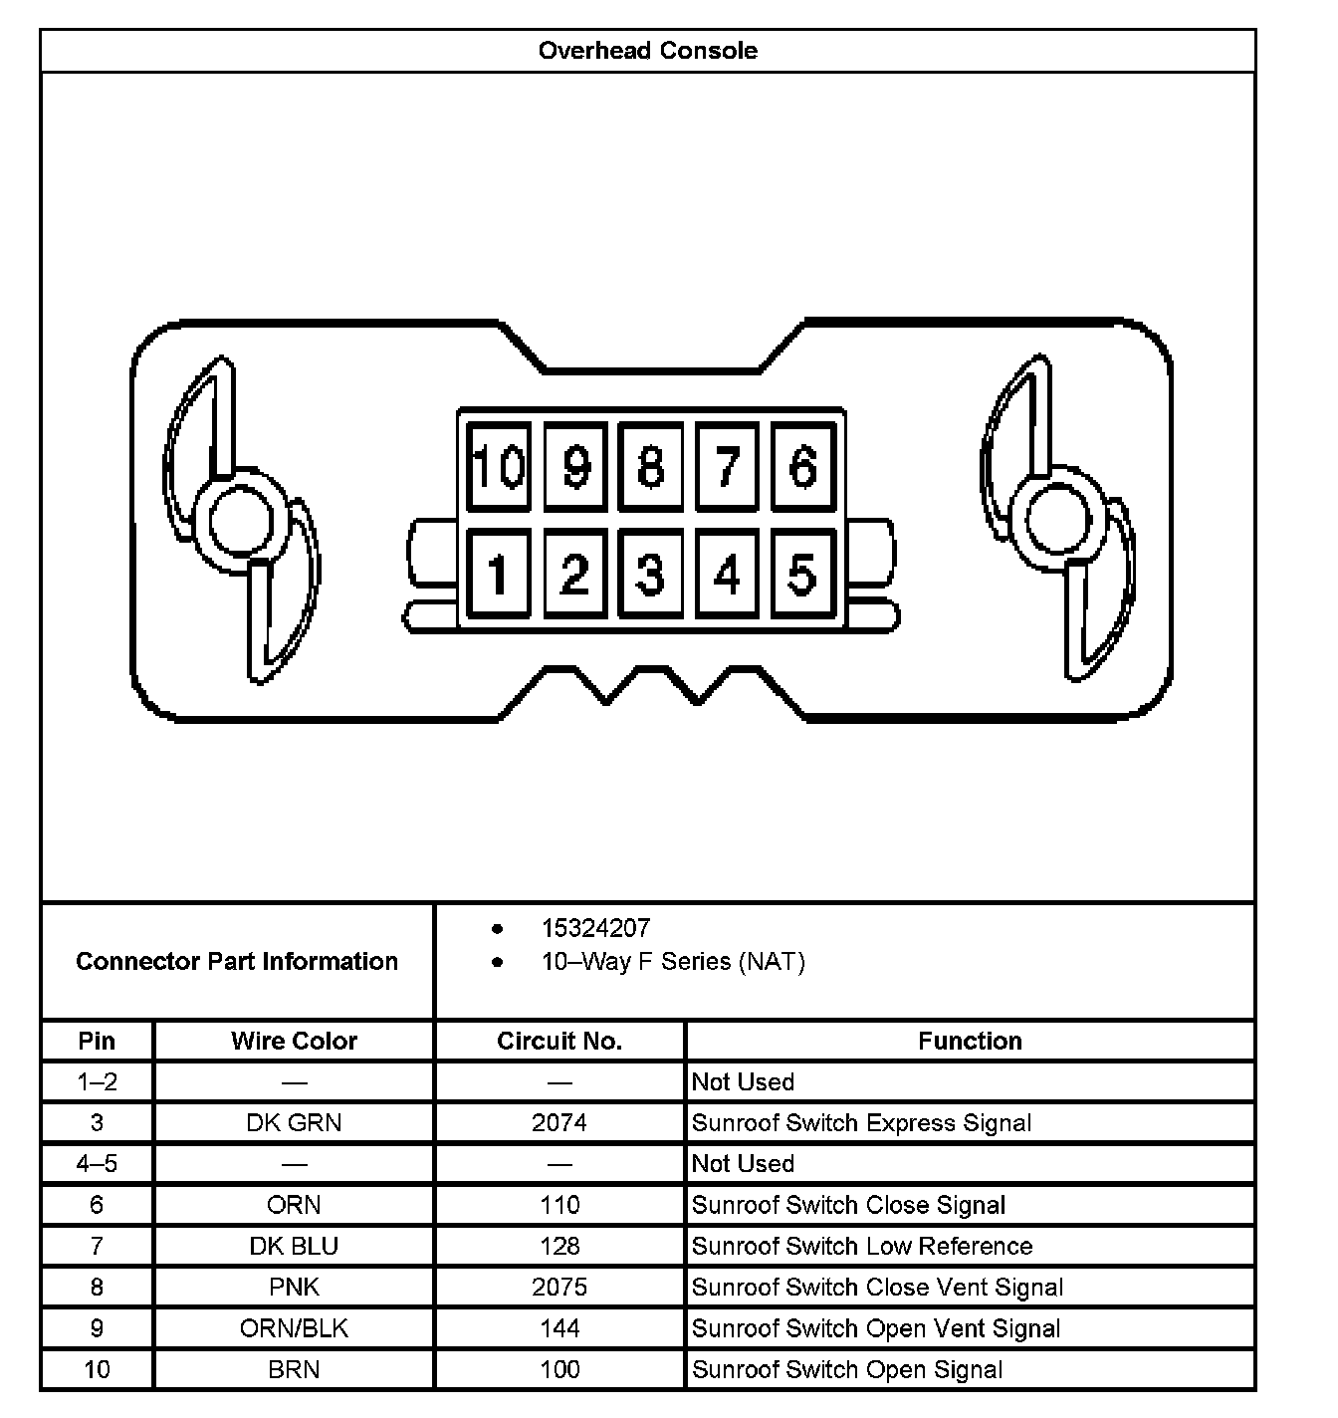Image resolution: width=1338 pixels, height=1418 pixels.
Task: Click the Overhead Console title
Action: pos(647,51)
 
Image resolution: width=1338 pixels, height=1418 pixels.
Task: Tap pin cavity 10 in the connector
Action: pos(499,466)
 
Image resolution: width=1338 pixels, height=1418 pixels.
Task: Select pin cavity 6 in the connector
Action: pos(802,466)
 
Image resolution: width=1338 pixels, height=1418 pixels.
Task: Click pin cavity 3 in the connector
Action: pos(650,575)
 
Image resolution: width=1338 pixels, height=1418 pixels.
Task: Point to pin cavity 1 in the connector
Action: pos(499,575)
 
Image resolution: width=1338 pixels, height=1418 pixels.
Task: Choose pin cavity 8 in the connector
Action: pos(650,466)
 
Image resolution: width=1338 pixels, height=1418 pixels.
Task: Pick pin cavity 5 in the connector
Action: pos(802,575)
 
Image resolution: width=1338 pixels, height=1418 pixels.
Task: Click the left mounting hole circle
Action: pos(240,521)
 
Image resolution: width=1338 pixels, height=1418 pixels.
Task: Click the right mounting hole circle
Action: pos(1057,521)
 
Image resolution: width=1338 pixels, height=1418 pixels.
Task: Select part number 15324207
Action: pos(595,928)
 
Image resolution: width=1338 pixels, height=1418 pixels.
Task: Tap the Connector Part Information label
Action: pos(237,961)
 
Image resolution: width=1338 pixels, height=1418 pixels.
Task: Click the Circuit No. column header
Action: pos(559,1041)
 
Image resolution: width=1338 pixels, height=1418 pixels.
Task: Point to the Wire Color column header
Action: pos(294,1041)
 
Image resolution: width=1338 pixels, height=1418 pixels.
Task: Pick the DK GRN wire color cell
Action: pos(294,1123)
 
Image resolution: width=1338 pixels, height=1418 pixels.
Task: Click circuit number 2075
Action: pos(559,1288)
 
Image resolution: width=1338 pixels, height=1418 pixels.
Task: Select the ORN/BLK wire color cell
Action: pos(294,1328)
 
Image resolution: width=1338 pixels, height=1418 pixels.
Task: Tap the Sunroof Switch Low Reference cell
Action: pos(862,1247)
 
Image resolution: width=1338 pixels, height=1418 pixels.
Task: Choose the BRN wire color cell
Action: pos(294,1369)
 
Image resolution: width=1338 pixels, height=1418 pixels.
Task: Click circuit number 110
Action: pos(559,1205)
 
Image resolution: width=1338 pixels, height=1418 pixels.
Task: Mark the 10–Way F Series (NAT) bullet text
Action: pos(673,962)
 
